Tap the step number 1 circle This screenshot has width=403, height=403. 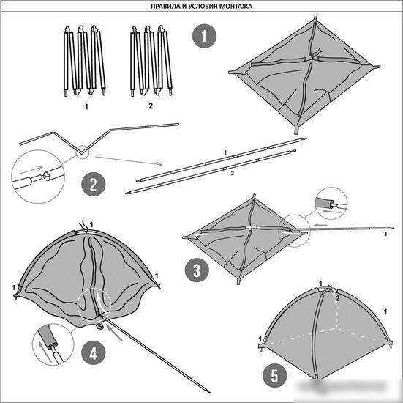204,36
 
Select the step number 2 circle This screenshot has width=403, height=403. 94,184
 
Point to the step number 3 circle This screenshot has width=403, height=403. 197,270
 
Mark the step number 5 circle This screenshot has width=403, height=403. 274,376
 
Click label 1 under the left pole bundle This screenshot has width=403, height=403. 86,106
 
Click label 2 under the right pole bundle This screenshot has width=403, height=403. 151,106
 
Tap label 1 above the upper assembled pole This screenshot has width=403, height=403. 225,152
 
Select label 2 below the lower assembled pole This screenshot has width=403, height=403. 233,174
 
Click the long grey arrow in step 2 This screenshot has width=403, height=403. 129,160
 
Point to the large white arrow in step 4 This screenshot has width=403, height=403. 99,300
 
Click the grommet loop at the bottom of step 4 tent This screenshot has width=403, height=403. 100,326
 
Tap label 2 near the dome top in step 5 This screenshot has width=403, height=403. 338,298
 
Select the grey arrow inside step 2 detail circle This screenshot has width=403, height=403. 30,169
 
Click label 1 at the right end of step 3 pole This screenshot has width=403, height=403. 385,234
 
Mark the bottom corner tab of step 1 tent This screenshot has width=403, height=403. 297,129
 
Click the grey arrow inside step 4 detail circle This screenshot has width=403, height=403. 44,351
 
